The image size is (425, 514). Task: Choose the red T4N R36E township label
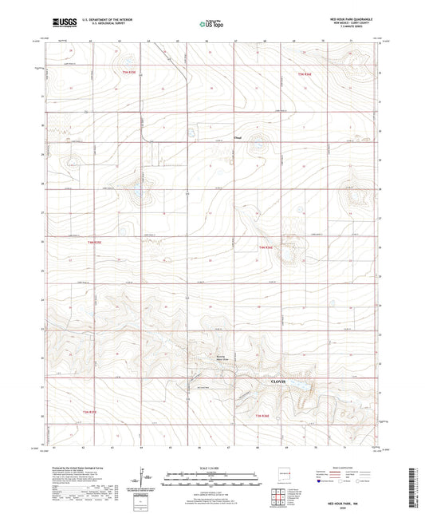[x=266, y=248]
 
